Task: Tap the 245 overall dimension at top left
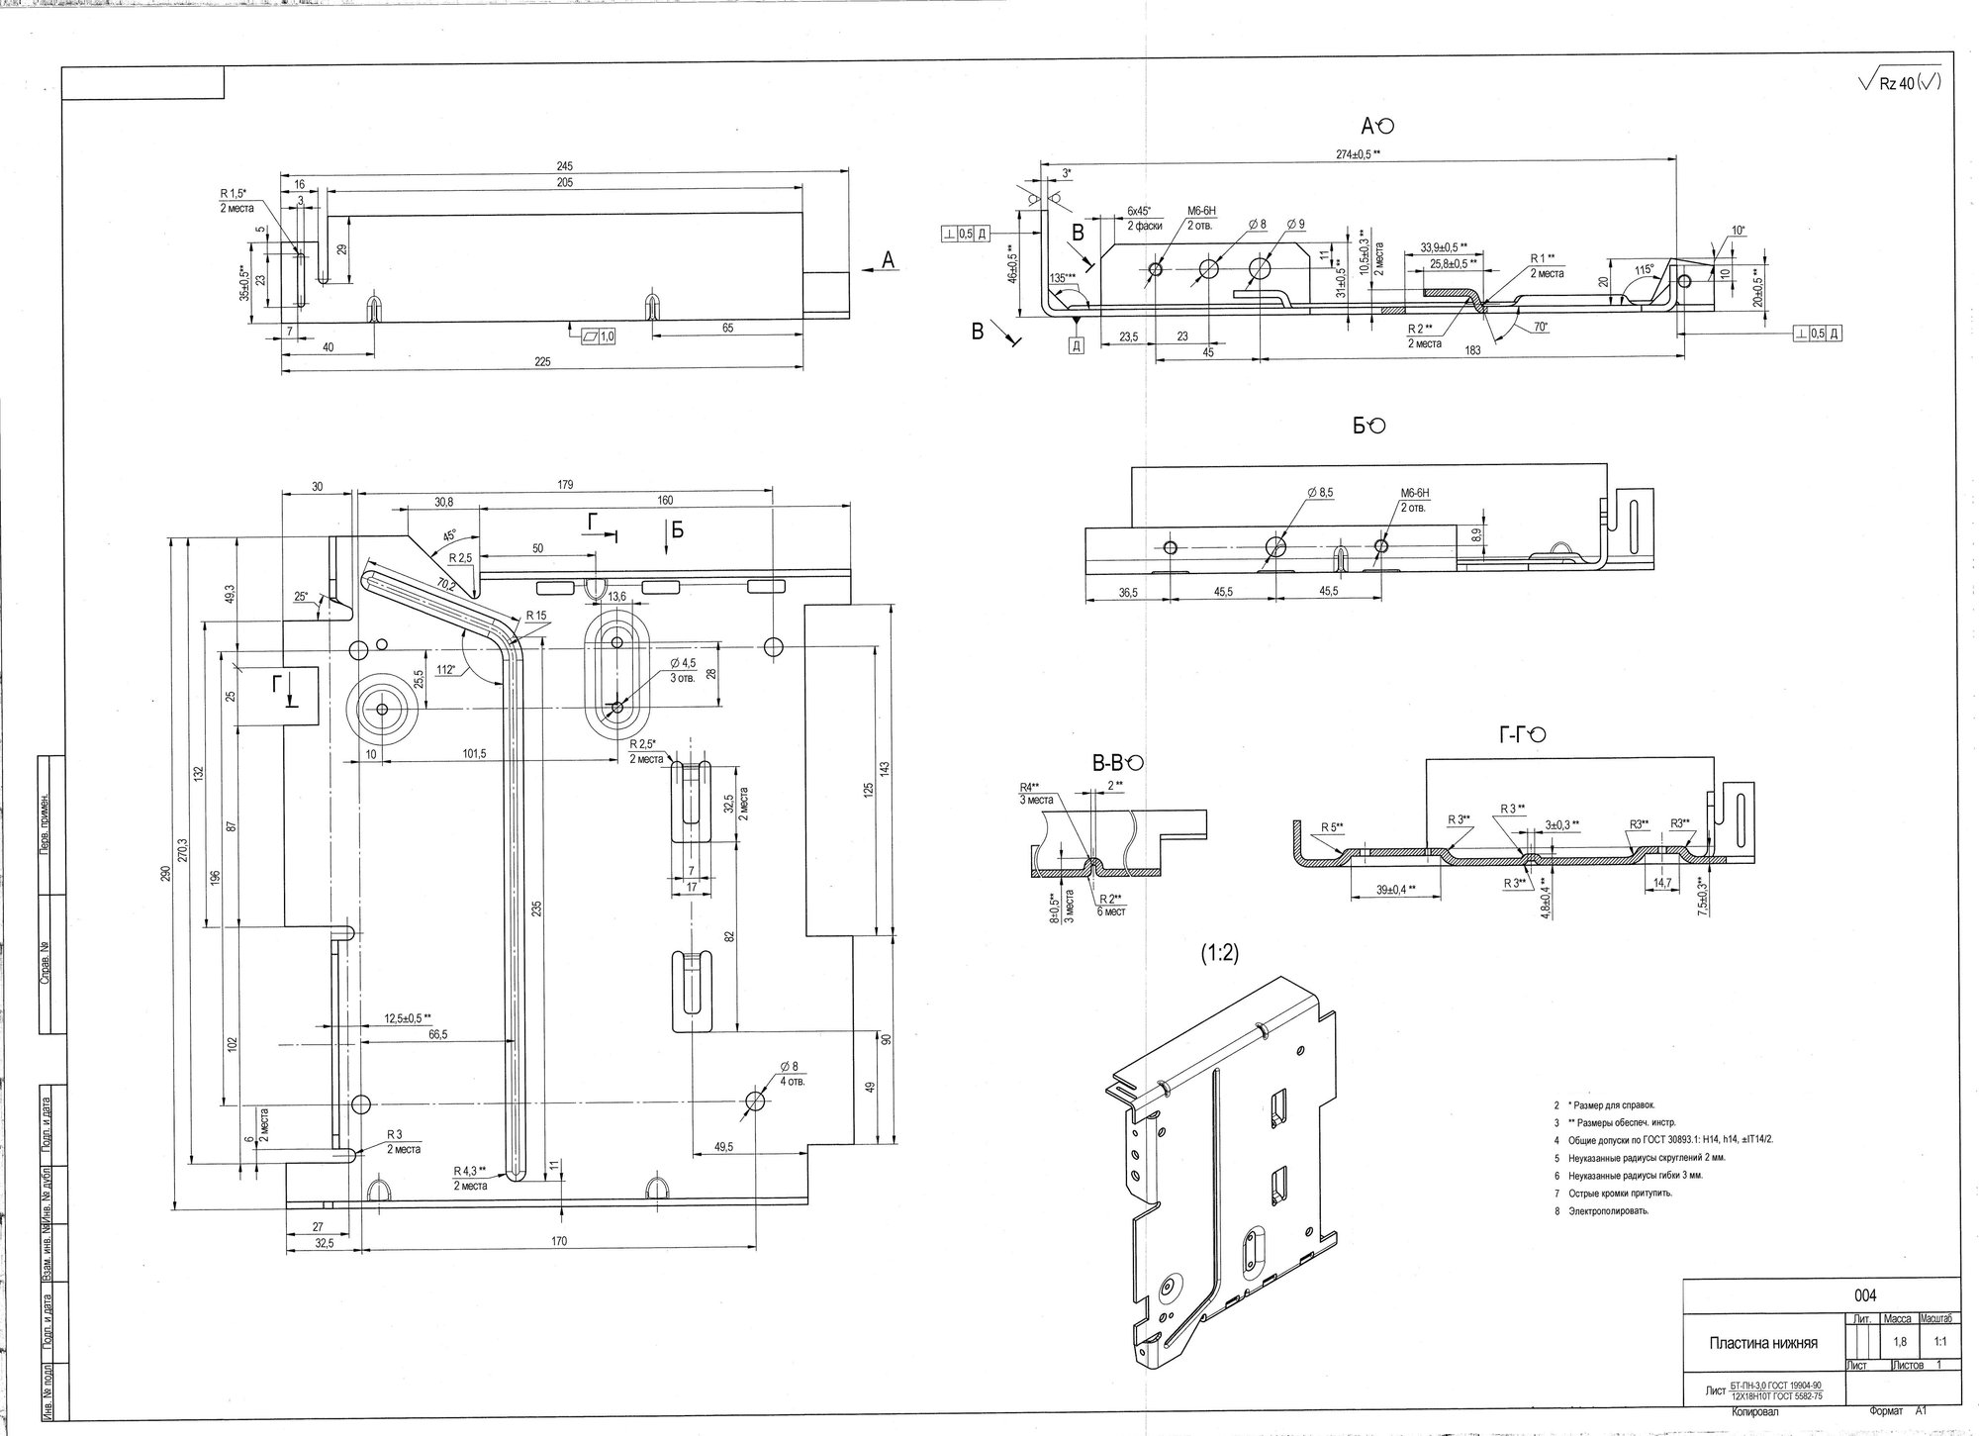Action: tap(565, 166)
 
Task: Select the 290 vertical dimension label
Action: tap(166, 873)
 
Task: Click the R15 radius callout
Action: tap(536, 616)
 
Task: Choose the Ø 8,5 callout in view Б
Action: tap(1320, 492)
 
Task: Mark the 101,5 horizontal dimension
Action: tap(475, 754)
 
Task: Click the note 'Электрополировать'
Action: tap(1610, 1210)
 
